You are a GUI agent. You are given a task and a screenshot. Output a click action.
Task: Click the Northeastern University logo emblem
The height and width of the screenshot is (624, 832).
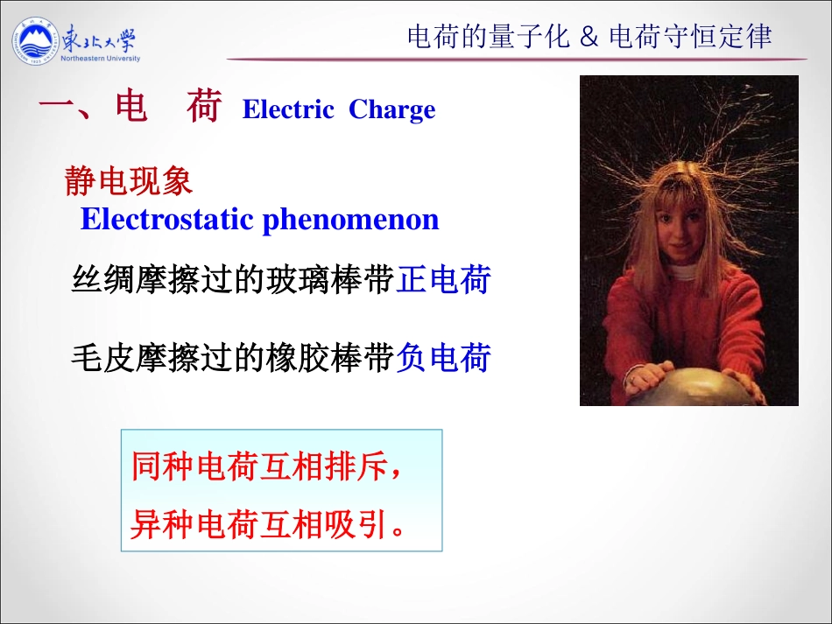(36, 42)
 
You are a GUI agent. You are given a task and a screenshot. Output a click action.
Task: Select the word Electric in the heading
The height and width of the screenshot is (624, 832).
(288, 109)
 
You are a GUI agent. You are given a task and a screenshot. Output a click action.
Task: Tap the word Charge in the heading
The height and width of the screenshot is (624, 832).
(391, 109)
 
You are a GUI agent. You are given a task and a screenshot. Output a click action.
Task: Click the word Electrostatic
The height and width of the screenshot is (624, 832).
(167, 219)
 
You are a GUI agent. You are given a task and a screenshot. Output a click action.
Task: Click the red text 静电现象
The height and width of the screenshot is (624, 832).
(129, 181)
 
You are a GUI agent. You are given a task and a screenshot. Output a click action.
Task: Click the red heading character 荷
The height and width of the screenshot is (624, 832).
(203, 109)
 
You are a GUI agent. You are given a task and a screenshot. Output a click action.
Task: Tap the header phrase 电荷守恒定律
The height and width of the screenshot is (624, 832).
(690, 37)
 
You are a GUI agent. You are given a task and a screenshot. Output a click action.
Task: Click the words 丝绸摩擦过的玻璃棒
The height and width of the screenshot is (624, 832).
(231, 280)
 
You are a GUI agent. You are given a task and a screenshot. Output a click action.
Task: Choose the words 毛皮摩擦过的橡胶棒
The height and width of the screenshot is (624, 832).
(231, 358)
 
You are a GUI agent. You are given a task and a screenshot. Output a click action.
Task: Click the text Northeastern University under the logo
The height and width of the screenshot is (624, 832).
(101, 59)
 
